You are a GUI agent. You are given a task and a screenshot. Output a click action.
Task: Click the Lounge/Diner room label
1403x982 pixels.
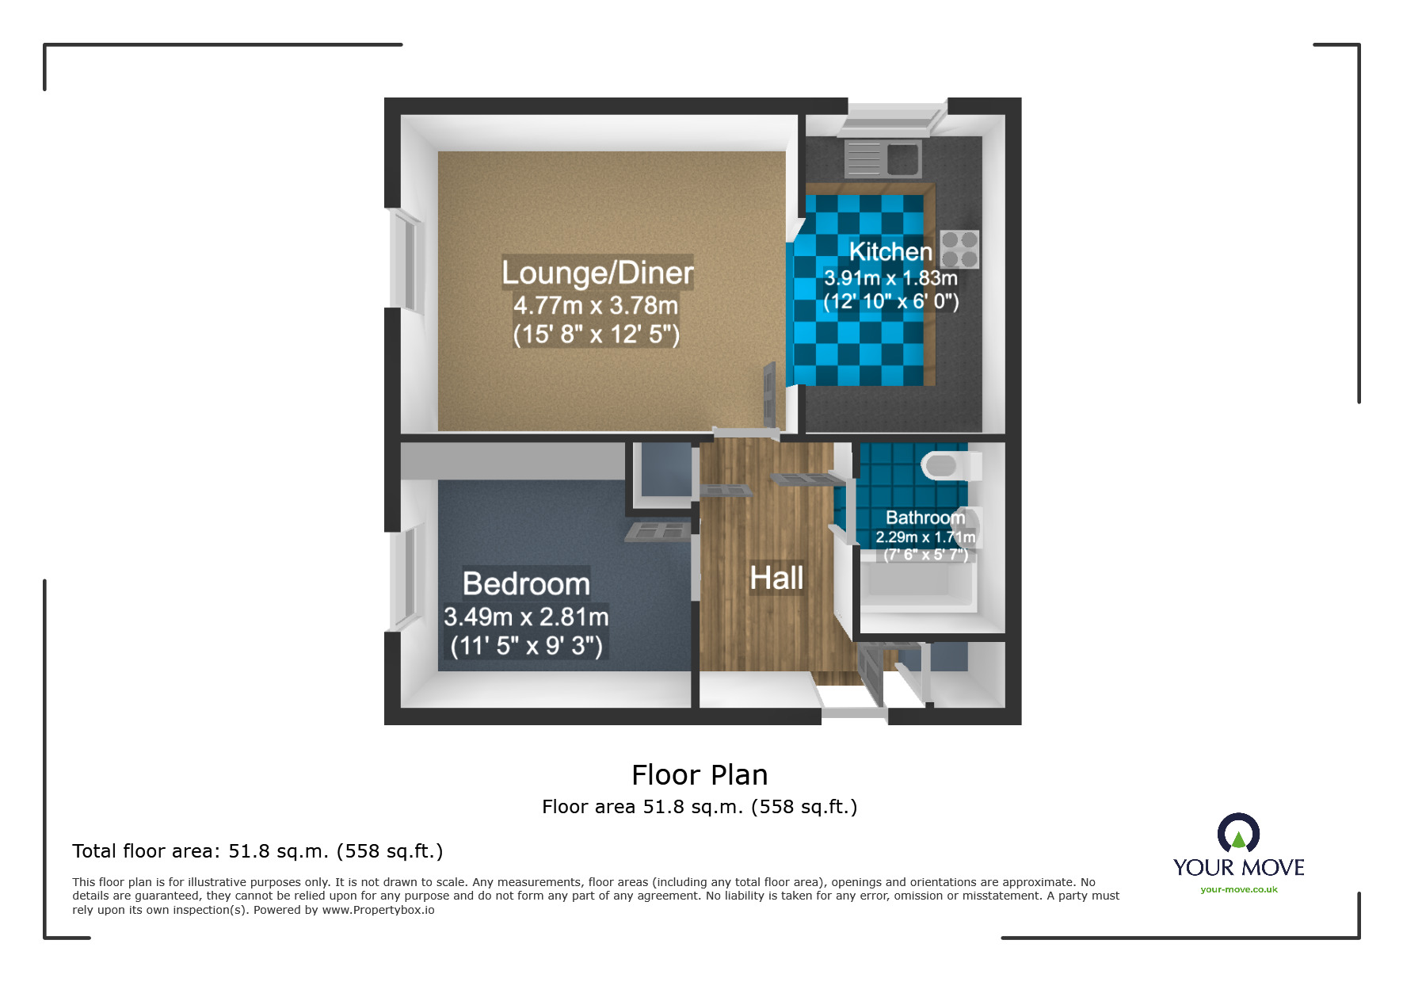pos(597,273)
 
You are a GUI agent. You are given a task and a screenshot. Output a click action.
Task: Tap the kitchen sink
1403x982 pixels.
pos(883,159)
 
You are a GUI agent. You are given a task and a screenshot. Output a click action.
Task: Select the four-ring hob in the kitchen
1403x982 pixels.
pos(959,250)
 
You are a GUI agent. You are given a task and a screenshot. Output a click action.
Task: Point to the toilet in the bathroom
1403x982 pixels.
pos(947,465)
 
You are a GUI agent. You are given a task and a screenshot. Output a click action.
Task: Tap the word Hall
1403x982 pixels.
pos(776,578)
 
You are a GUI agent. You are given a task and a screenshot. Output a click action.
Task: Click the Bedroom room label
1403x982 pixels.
pos(526,584)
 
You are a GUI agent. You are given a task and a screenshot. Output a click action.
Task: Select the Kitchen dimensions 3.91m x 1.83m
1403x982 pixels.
pos(890,278)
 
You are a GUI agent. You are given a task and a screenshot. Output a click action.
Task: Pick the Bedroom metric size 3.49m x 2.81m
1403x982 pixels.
pos(526,617)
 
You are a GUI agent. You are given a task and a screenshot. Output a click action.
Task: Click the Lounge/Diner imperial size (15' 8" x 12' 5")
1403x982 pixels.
pos(596,334)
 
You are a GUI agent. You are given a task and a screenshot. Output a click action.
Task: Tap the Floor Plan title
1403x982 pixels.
pos(700,774)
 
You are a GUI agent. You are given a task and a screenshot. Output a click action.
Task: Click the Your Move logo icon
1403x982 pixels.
pos(1238,833)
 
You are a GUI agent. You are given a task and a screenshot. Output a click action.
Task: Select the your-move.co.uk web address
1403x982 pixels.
pos(1238,889)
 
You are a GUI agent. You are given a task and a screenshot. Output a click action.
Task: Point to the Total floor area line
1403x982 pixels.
pos(257,851)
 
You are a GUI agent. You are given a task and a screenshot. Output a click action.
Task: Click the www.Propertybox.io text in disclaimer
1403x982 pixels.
pos(378,910)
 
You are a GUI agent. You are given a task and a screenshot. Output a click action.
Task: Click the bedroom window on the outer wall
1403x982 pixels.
pos(403,578)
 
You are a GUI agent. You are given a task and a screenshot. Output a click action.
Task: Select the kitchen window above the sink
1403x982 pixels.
pos(896,118)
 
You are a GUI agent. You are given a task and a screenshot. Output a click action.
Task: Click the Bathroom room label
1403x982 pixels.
pos(925,518)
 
